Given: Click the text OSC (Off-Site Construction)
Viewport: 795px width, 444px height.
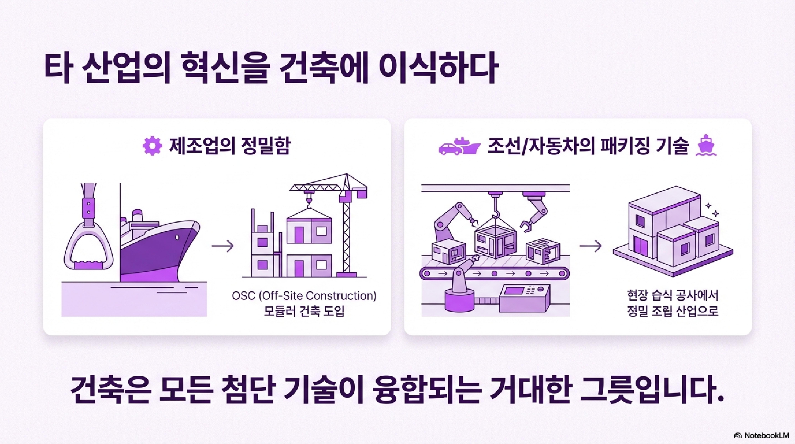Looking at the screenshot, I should click(304, 296).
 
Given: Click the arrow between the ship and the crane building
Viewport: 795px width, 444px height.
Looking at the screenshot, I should click(223, 246).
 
